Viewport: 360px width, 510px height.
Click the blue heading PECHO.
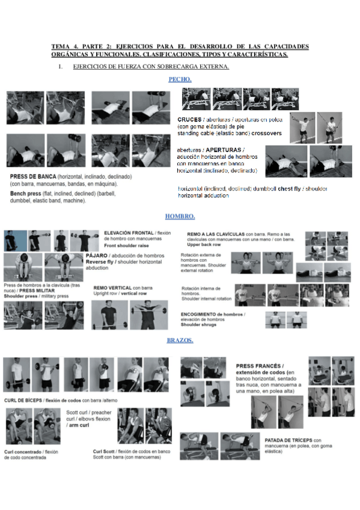(x=180, y=79)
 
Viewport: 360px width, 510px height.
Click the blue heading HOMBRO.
(x=180, y=217)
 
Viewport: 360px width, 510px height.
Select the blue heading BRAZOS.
(x=180, y=340)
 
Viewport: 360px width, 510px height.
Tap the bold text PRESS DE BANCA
(x=34, y=176)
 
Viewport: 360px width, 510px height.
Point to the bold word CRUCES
(x=189, y=119)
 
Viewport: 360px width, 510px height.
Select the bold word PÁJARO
(x=96, y=256)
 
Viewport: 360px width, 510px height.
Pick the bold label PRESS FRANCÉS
(x=259, y=365)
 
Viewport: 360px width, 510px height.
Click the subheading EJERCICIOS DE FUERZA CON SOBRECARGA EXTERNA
(x=150, y=67)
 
